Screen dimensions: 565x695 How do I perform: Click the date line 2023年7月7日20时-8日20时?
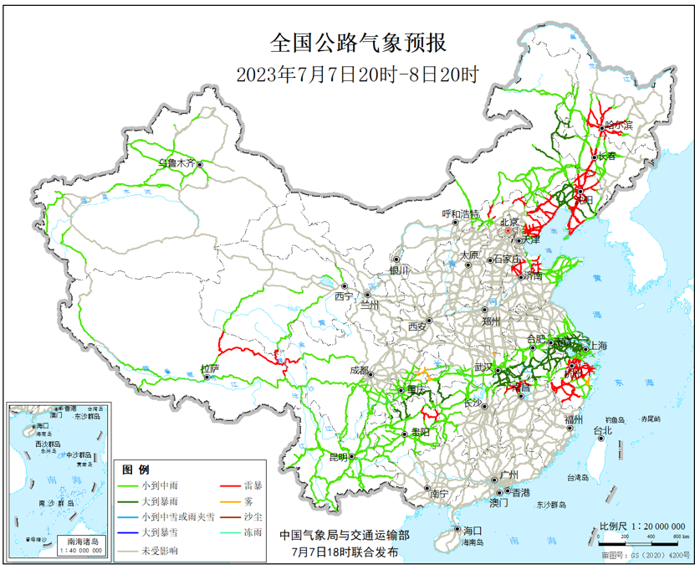[x=357, y=74]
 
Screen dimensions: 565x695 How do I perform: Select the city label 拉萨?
[x=209, y=368]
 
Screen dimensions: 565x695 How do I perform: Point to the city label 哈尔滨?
[x=619, y=126]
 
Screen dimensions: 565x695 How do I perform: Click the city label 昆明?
[x=338, y=457]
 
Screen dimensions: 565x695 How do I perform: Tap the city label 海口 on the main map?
[x=473, y=531]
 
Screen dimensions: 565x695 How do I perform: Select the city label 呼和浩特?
[x=461, y=214]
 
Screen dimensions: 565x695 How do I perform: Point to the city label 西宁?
[x=344, y=296]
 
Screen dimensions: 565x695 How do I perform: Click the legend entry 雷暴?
[x=254, y=485]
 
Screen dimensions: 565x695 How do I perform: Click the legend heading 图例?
[x=135, y=468]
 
